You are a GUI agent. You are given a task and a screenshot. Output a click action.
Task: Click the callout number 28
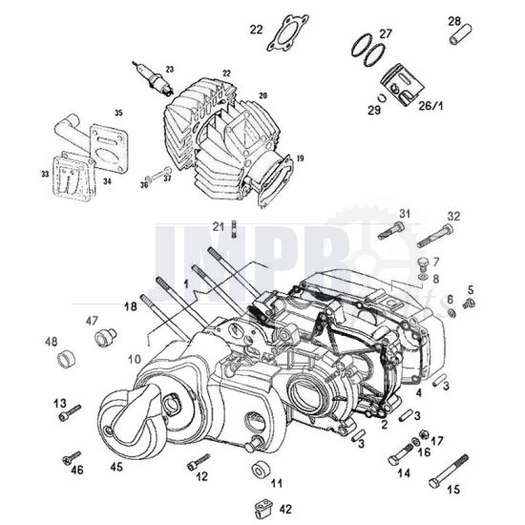click(x=454, y=21)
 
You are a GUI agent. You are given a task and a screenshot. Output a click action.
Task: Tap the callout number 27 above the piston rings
click(x=386, y=33)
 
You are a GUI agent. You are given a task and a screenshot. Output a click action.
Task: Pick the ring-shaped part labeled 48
click(x=66, y=360)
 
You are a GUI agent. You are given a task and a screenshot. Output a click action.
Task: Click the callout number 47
click(x=94, y=321)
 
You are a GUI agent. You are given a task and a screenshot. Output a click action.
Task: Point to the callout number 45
click(x=116, y=468)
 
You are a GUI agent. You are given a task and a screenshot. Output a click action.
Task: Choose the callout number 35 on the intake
click(x=117, y=112)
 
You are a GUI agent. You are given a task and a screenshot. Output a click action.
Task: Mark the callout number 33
click(x=44, y=175)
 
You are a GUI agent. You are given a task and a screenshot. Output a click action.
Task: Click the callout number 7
click(x=434, y=261)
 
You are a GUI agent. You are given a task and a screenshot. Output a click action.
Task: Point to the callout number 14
click(x=403, y=473)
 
